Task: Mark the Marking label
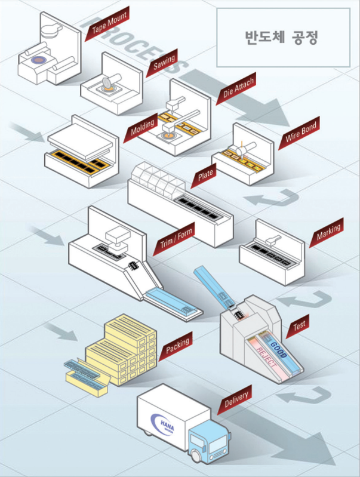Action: [x=329, y=230]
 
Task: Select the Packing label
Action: [x=178, y=344]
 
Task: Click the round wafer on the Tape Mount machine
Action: [x=39, y=60]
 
